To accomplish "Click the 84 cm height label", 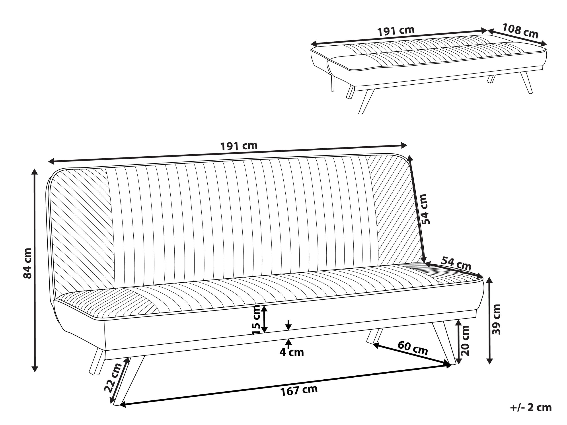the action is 27,263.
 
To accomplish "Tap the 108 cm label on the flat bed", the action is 520,31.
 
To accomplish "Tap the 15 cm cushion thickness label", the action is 256,320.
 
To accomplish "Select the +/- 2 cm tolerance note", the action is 531,407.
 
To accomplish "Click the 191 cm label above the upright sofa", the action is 239,146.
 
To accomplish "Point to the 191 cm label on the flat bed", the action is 396,31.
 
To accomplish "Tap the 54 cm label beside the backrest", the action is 425,209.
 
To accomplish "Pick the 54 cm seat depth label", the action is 456,263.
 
